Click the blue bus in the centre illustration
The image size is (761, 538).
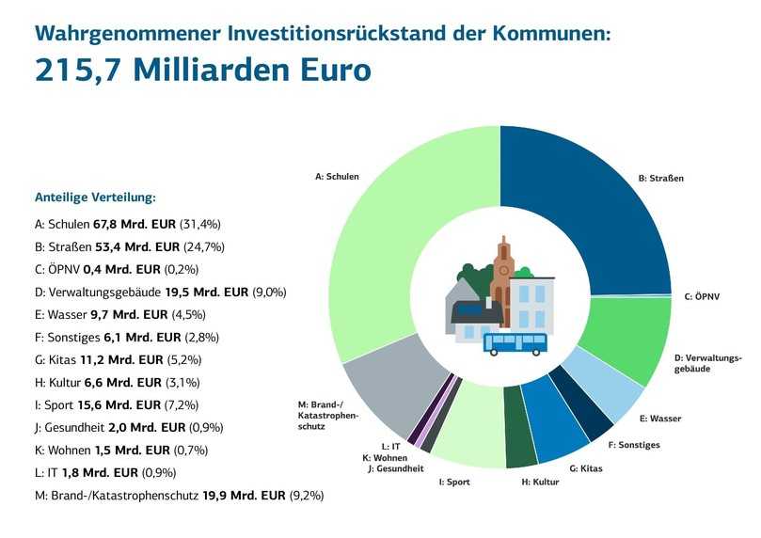pos(515,343)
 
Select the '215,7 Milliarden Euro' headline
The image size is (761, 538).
pos(203,71)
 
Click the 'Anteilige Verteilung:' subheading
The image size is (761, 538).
pos(95,198)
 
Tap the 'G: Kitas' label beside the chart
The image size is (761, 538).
pos(587,468)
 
